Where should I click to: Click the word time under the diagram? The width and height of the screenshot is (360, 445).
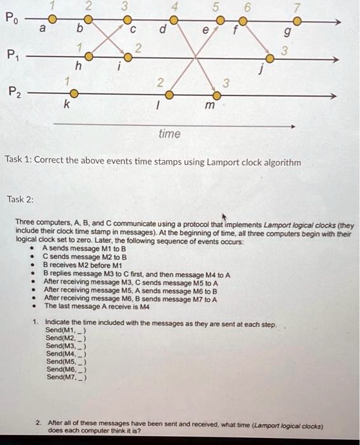click(x=170, y=134)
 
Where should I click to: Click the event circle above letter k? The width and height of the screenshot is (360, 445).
click(x=74, y=95)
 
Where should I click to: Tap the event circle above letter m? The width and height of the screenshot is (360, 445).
click(x=216, y=95)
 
